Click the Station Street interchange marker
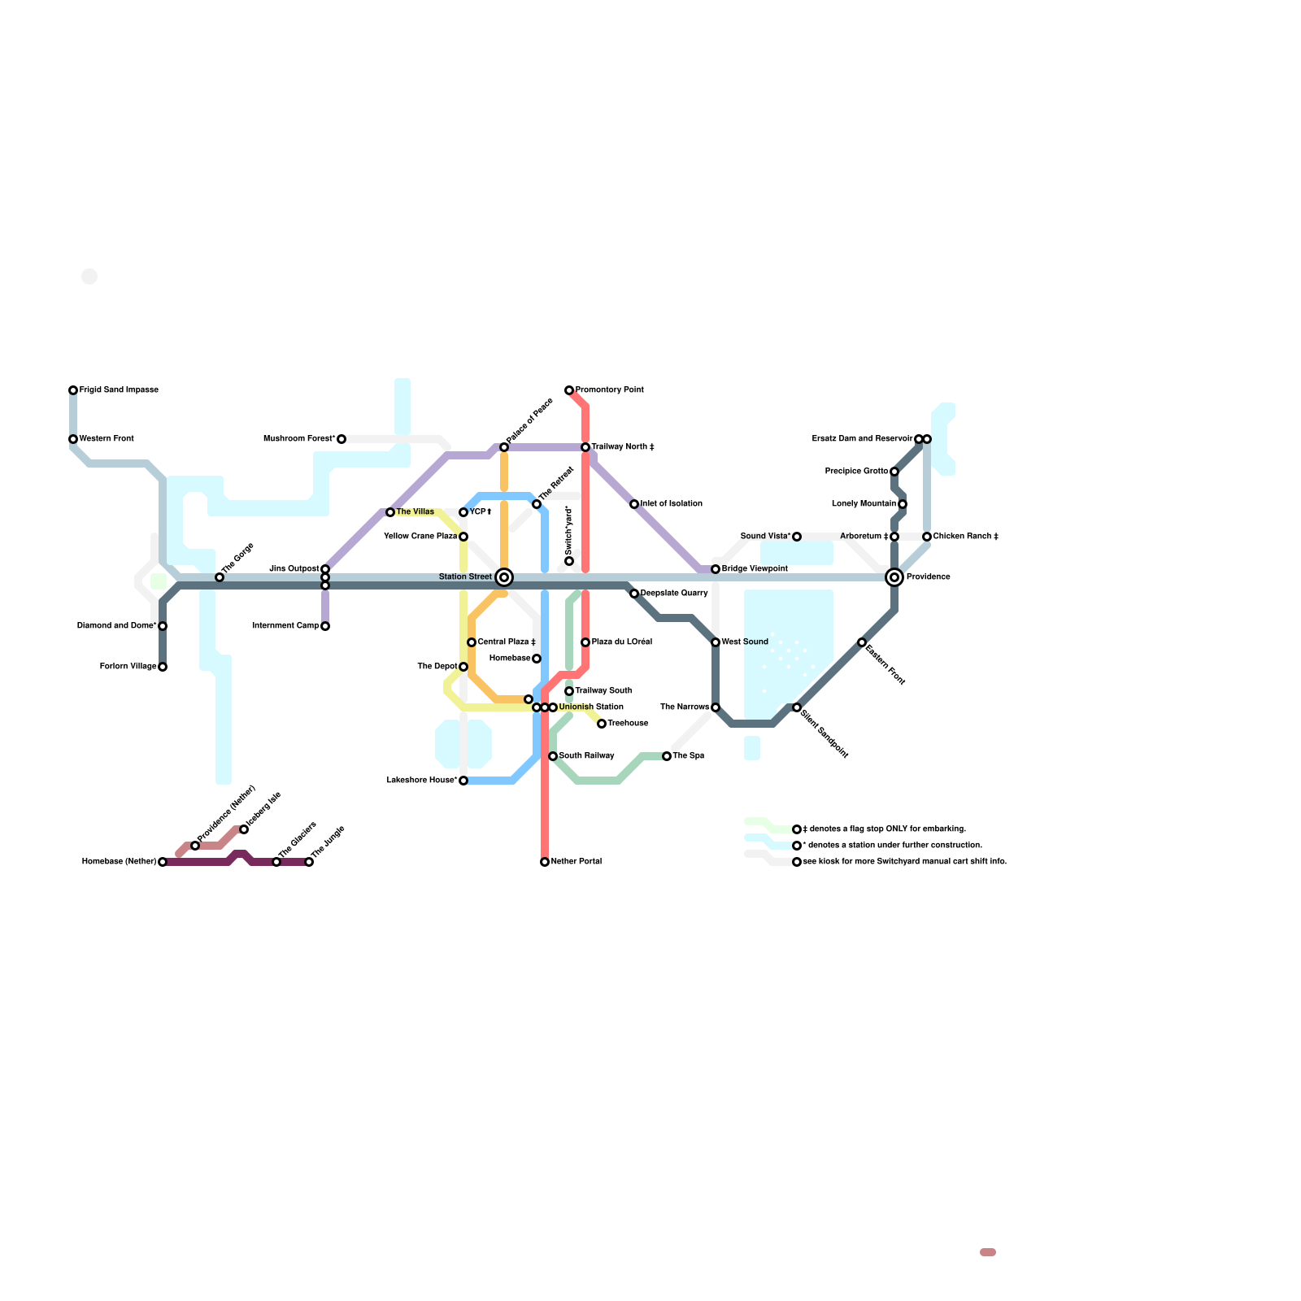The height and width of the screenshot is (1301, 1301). [x=504, y=577]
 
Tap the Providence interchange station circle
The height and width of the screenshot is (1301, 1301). [x=894, y=577]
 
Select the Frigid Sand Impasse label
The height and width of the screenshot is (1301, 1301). [x=119, y=390]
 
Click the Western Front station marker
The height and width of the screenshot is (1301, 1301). [x=73, y=439]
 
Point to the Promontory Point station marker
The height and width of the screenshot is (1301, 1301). [x=569, y=391]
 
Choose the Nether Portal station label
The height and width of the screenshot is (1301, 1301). [x=577, y=862]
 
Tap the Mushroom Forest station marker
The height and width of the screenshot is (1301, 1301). [x=342, y=439]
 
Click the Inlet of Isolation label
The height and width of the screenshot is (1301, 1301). [x=671, y=504]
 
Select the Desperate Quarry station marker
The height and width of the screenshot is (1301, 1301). [x=634, y=594]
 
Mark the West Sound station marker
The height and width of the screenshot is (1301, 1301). [x=716, y=642]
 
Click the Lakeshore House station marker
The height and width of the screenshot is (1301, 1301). [x=463, y=781]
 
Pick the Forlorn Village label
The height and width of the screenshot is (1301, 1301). [x=128, y=667]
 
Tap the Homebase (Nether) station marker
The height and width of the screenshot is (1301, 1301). [x=163, y=862]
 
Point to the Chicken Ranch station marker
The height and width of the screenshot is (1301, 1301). [x=927, y=537]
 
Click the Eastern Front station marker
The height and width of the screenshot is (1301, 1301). [x=862, y=642]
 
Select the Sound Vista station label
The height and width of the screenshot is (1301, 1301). [x=765, y=537]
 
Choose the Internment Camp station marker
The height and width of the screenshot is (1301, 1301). [x=325, y=626]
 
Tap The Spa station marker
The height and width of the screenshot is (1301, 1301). [x=667, y=756]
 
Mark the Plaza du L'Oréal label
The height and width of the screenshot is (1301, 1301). [x=622, y=642]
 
